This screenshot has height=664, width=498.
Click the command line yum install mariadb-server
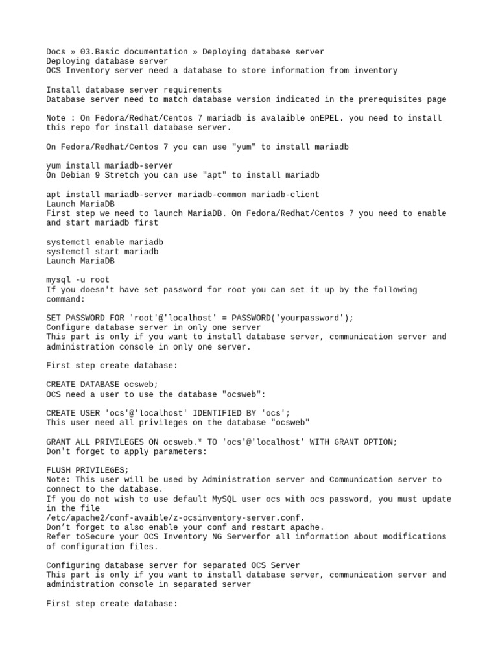110,166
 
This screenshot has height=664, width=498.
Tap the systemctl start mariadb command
102,252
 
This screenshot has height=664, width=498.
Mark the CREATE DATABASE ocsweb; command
102,385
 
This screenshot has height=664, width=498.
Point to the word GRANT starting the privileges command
59,442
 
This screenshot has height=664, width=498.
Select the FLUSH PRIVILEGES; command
88,470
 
